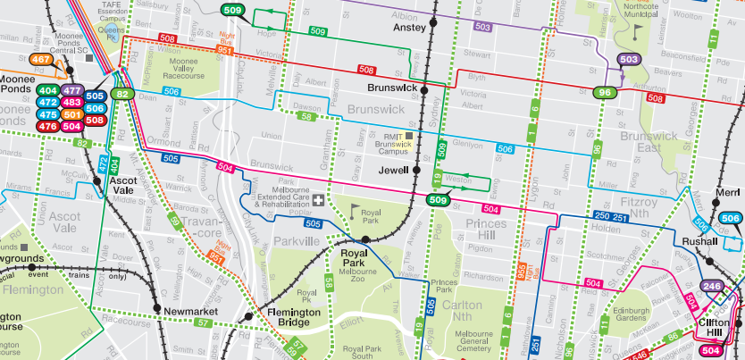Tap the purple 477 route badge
pyautogui.click(x=72, y=91)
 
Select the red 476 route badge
pyautogui.click(x=48, y=127)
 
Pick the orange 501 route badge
pyautogui.click(x=72, y=115)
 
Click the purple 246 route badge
pyautogui.click(x=712, y=287)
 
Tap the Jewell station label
pyautogui.click(x=393, y=170)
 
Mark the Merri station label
pyautogui.click(x=728, y=192)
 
